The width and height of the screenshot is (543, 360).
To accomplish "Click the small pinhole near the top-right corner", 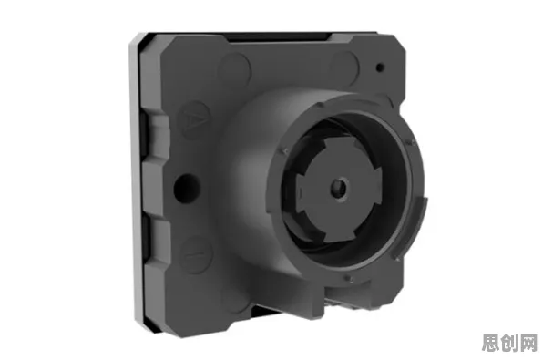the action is (x=380, y=67).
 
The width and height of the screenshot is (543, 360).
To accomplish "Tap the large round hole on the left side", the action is (x=187, y=188).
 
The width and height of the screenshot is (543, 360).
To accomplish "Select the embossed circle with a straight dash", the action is (x=195, y=254).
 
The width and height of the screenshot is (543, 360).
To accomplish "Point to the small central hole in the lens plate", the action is (x=339, y=188).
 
